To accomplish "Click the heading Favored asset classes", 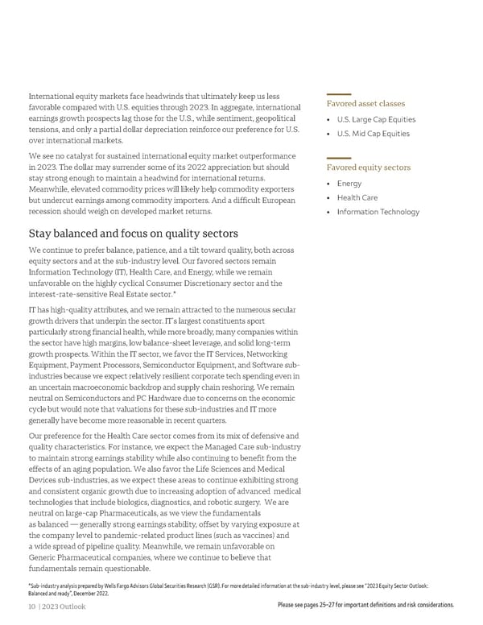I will (365, 104).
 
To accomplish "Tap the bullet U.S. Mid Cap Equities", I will (373, 134).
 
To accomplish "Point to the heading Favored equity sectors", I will (368, 168).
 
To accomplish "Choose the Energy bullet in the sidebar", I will (349, 183).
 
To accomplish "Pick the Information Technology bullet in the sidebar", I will (378, 212).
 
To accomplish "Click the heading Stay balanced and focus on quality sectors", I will (133, 234).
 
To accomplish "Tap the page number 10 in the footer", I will (32, 606).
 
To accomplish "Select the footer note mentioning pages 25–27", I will (365, 605).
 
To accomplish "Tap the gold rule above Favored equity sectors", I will (339, 158).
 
